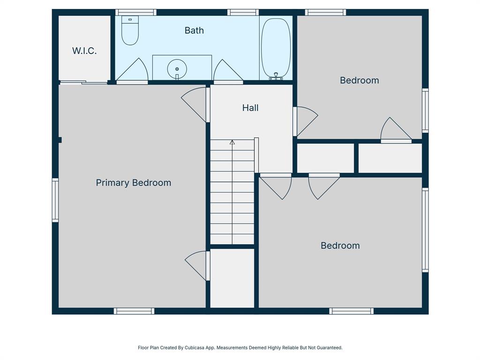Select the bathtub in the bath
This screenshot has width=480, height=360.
(276, 47)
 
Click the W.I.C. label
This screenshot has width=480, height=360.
(84, 51)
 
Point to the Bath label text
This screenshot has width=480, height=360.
(194, 30)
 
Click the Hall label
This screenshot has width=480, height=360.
(250, 108)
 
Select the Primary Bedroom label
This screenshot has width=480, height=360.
(133, 183)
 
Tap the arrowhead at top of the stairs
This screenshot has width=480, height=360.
(232, 142)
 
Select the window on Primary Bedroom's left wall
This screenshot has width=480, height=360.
(55, 200)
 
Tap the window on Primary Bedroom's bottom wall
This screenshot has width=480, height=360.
(134, 311)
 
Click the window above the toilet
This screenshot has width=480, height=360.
(136, 12)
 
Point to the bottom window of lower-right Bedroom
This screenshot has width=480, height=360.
(351, 311)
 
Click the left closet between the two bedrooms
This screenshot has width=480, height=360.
(325, 158)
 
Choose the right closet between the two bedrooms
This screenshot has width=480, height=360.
(390, 158)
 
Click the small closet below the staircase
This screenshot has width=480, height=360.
(232, 277)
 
